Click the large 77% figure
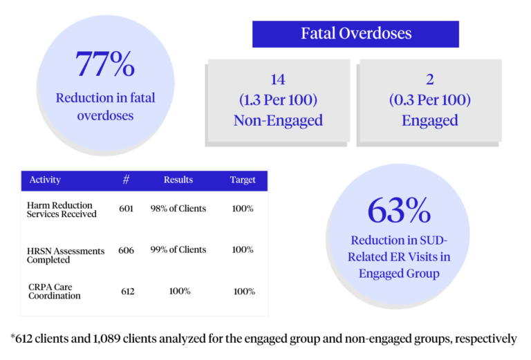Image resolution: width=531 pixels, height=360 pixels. click(104, 64)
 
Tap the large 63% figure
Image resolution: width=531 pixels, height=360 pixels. click(399, 210)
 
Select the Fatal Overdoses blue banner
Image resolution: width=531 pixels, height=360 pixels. click(355, 34)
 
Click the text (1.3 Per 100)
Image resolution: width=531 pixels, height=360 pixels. click(277, 100)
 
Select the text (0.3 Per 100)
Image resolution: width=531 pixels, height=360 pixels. click(429, 100)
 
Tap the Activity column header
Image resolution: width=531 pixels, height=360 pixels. click(45, 180)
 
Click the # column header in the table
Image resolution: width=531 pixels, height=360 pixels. click(126, 180)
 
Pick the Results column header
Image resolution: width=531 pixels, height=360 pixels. click(178, 180)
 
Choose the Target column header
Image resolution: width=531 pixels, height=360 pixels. click(243, 180)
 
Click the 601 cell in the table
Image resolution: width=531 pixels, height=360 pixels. click(126, 209)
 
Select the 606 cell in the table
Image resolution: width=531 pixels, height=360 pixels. click(126, 250)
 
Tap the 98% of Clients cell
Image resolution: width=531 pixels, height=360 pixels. click(178, 209)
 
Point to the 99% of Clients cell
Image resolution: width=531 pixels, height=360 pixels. click(178, 249)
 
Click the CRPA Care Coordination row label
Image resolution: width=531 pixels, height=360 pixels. click(55, 291)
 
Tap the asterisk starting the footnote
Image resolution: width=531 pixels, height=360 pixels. click(15, 337)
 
